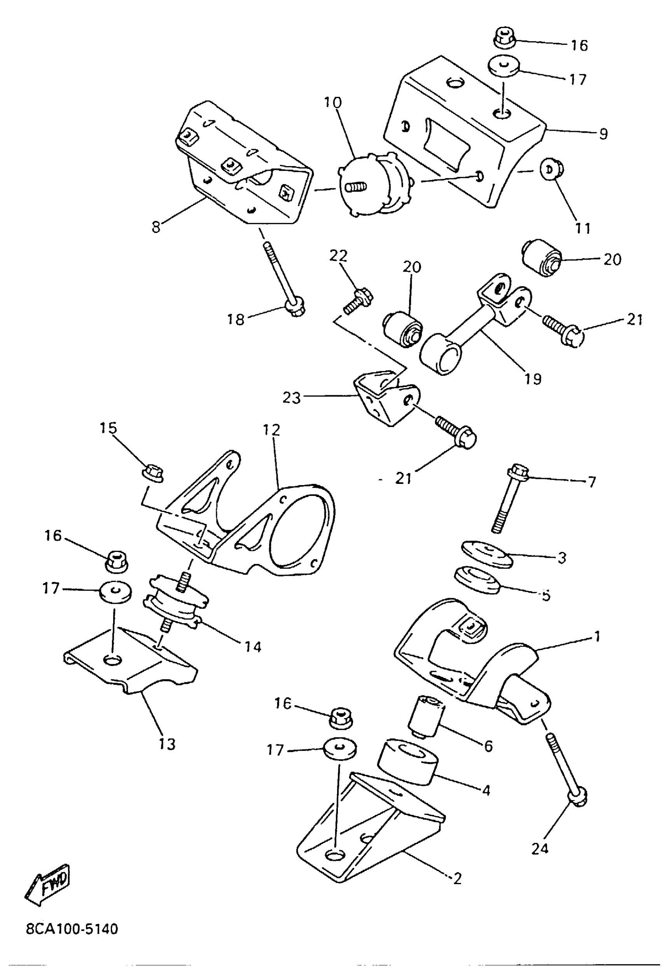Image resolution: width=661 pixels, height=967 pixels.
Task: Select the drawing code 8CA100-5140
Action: pos(72,929)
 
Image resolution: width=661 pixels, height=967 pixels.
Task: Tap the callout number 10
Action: pos(333,102)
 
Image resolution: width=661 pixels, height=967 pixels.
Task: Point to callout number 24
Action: pos(540,848)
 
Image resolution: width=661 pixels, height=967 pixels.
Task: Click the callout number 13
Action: pos(167,744)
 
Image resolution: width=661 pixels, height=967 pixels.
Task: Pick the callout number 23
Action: pos(291,398)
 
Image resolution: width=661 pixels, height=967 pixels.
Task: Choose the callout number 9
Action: pos(603,134)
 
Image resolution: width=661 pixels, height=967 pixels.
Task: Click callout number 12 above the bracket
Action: pos(271,429)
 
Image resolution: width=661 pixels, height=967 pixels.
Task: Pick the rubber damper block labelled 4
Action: pos(407,763)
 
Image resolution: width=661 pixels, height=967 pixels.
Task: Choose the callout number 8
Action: pos(156,228)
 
